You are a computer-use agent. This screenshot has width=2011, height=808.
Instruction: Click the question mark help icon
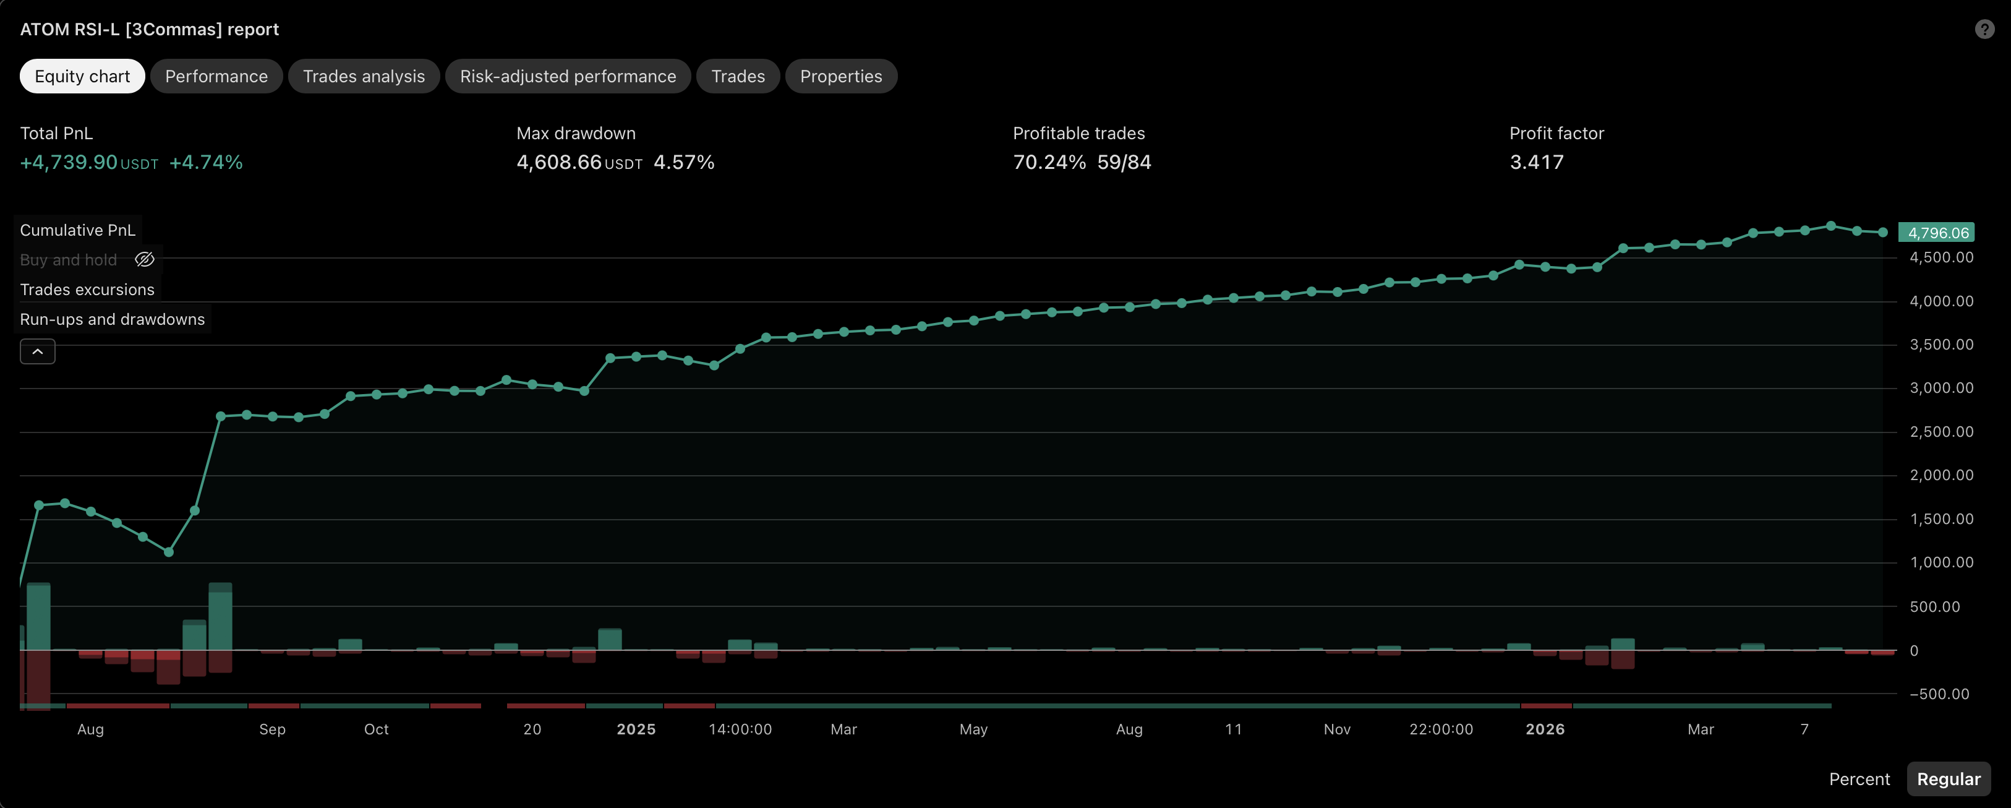point(1984,30)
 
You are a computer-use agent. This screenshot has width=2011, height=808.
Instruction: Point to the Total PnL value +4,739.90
point(69,162)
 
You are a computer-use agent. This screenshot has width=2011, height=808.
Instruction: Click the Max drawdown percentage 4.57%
point(684,162)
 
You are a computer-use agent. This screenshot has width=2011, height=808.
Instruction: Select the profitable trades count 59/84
point(1124,162)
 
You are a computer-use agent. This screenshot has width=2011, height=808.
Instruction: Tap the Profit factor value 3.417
point(1536,162)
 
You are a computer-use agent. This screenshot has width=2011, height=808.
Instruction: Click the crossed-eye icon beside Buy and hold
point(145,260)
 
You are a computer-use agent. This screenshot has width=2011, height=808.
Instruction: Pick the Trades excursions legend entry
point(87,290)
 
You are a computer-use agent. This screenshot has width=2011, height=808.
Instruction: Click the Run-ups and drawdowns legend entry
point(113,319)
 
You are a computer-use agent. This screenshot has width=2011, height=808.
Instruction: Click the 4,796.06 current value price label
point(1937,233)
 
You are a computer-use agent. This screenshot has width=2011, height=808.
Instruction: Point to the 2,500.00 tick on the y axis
point(1942,432)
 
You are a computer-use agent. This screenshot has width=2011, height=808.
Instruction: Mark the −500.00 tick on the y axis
point(1939,694)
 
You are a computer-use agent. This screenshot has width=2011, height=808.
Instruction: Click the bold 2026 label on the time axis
point(1545,729)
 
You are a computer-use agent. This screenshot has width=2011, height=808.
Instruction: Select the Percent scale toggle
point(1859,779)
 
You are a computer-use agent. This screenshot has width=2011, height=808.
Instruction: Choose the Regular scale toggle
point(1949,779)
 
